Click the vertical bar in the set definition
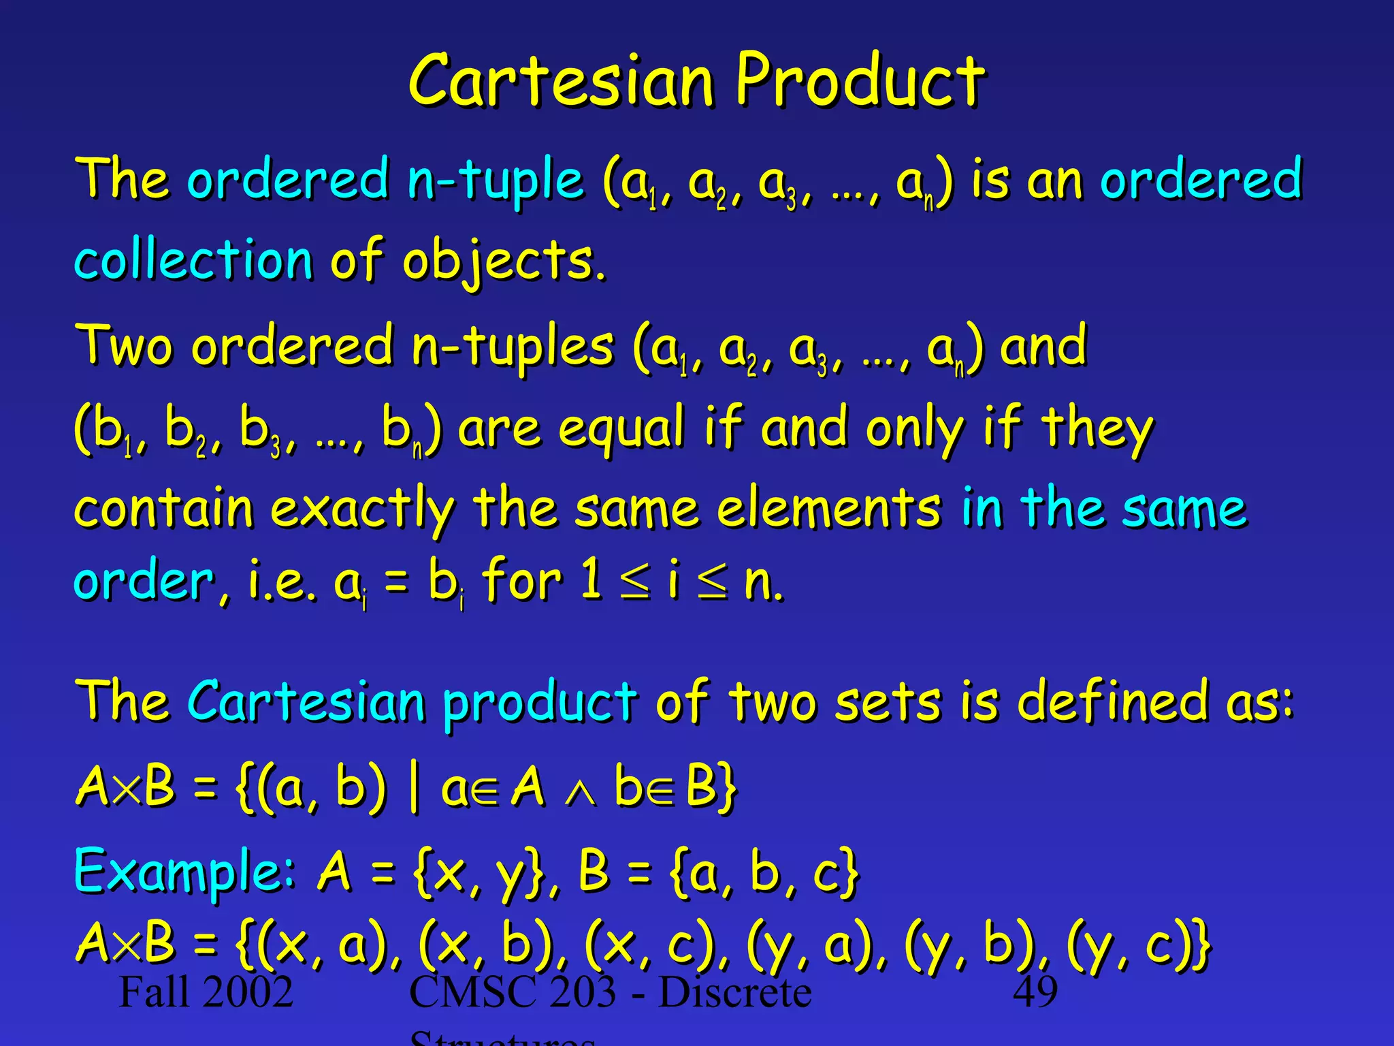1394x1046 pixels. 414,788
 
